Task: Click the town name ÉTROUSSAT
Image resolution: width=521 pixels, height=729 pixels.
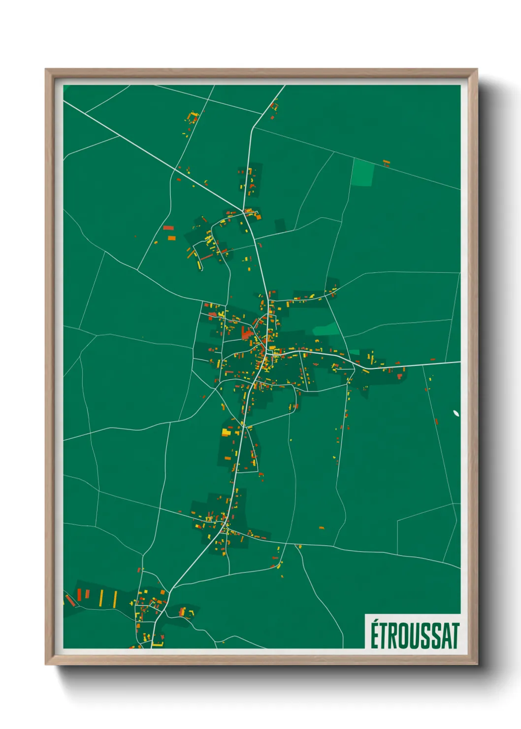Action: pyautogui.click(x=415, y=635)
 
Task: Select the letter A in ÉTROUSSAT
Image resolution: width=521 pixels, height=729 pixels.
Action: pyautogui.click(x=444, y=636)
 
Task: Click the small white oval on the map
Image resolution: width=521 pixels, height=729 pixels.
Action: pyautogui.click(x=456, y=413)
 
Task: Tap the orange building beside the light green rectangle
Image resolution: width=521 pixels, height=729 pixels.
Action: pyautogui.click(x=387, y=162)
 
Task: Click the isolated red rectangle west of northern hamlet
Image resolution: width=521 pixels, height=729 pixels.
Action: pyautogui.click(x=168, y=228)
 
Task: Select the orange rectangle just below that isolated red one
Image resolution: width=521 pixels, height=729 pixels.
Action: pyautogui.click(x=171, y=238)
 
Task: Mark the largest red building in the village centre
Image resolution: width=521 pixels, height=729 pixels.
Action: pyautogui.click(x=246, y=333)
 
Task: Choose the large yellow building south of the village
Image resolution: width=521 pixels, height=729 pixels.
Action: pyautogui.click(x=226, y=432)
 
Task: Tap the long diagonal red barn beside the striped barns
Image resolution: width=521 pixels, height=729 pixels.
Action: pyautogui.click(x=70, y=600)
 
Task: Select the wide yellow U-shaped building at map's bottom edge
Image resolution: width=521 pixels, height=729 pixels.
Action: pyautogui.click(x=158, y=643)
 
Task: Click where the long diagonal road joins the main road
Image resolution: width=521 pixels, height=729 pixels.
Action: pyautogui.click(x=243, y=209)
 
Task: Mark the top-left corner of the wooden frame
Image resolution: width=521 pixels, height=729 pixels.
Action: pyautogui.click(x=46, y=69)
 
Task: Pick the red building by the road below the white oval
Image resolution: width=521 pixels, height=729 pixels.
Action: pyautogui.click(x=436, y=422)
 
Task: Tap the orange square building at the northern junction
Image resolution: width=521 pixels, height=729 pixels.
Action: pyautogui.click(x=258, y=217)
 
